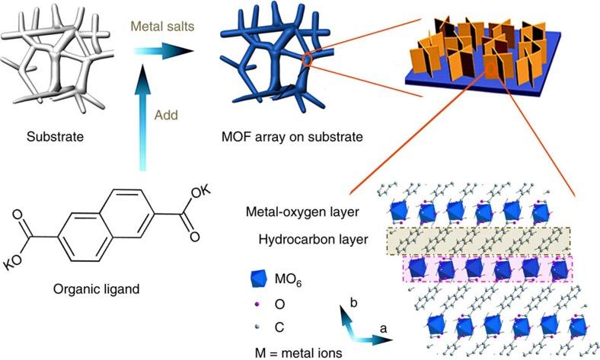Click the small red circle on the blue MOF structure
point(307,59)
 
